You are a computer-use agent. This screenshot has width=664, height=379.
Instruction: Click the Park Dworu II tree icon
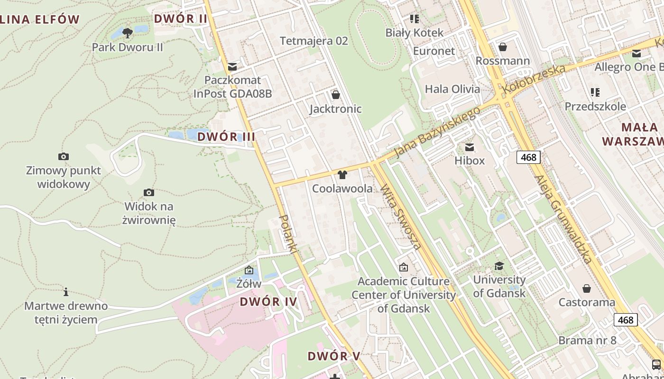(x=127, y=33)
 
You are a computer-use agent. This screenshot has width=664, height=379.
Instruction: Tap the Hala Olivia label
(x=452, y=89)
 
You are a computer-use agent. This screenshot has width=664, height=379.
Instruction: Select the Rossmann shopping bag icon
(x=503, y=47)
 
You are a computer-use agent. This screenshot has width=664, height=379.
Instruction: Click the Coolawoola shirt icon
(x=342, y=174)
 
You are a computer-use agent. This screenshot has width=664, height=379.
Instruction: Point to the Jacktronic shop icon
(x=336, y=95)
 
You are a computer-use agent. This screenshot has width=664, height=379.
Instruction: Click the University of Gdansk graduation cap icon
(x=499, y=266)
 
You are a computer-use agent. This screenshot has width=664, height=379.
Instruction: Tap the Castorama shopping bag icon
(x=587, y=289)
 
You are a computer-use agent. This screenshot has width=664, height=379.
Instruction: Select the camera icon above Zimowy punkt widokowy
(x=64, y=156)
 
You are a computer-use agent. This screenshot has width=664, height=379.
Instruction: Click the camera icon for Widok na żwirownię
(x=149, y=192)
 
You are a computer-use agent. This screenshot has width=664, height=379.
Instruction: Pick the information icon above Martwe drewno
(x=66, y=292)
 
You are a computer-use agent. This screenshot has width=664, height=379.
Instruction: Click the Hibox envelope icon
(x=470, y=147)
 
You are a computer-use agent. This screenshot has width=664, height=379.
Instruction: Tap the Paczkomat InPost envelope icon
(x=232, y=66)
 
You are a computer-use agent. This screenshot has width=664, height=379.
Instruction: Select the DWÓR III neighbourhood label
(x=226, y=137)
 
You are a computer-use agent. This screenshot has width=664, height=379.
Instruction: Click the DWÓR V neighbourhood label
(x=333, y=356)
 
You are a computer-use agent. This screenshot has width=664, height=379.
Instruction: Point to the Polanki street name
(x=288, y=234)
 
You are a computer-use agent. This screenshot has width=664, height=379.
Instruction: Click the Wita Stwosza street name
(x=401, y=217)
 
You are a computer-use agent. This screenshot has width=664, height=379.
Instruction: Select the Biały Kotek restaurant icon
(x=415, y=19)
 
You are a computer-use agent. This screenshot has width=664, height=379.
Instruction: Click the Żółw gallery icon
(x=249, y=270)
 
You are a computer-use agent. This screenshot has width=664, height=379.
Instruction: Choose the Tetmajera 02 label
(x=314, y=41)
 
